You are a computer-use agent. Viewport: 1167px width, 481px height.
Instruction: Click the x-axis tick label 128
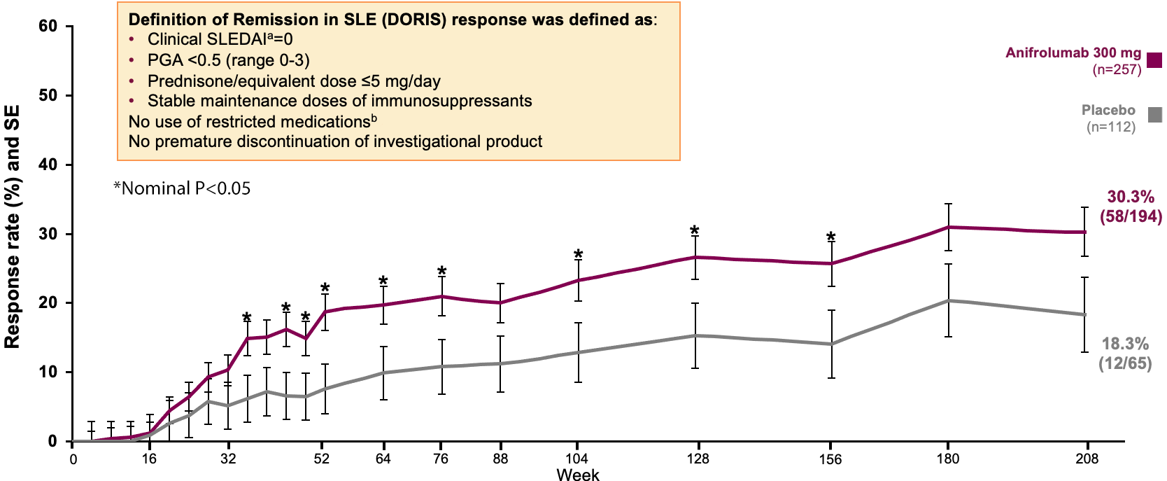click(698, 459)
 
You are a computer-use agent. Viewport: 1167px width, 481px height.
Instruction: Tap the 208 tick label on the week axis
click(1087, 459)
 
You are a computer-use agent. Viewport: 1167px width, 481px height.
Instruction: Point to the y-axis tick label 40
click(48, 165)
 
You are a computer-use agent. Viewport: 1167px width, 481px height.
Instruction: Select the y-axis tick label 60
click(48, 27)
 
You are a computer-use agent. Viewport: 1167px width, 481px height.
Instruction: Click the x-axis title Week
click(578, 475)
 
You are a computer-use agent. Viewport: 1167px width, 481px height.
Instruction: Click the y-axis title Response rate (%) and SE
click(13, 227)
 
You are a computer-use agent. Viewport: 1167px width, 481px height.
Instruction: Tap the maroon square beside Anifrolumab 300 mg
click(1154, 60)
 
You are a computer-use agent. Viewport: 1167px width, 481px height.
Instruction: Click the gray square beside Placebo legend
click(1154, 115)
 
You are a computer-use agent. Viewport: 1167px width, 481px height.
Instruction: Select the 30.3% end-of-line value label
click(1131, 197)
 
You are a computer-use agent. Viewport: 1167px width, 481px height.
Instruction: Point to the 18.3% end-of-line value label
click(1125, 344)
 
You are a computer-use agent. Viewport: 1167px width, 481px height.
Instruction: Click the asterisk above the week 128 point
click(694, 231)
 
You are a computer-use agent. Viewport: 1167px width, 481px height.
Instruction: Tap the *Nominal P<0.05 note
click(182, 188)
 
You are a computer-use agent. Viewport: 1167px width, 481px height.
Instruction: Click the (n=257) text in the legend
click(1117, 69)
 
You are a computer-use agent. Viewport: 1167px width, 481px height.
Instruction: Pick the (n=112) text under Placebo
click(1110, 127)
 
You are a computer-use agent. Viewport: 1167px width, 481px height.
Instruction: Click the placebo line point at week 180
click(948, 300)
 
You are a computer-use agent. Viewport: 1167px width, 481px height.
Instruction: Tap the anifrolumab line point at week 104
click(578, 280)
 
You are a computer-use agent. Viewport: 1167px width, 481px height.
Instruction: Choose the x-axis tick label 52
click(321, 459)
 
